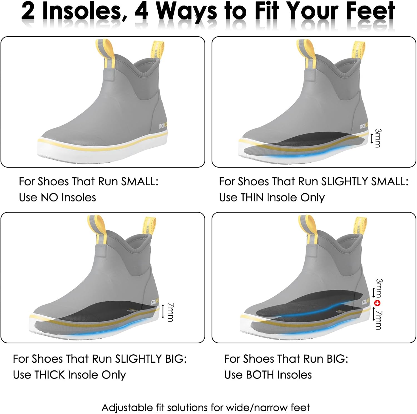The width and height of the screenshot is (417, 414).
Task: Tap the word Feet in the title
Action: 369,11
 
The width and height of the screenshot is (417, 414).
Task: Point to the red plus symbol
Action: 377,303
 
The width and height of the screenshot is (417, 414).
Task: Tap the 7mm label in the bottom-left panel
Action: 171,312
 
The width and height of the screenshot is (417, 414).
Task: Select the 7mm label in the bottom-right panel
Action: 378,320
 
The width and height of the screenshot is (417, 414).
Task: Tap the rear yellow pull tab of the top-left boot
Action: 157,50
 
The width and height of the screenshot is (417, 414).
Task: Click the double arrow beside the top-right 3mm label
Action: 372,138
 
